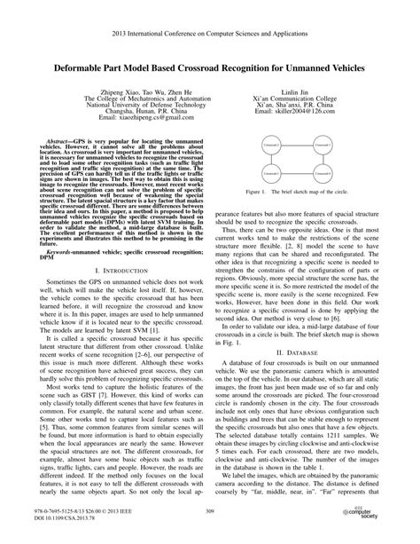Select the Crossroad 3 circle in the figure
[x=322, y=172]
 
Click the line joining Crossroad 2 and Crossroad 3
[x=322, y=160]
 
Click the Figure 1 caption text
[x=298, y=192]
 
